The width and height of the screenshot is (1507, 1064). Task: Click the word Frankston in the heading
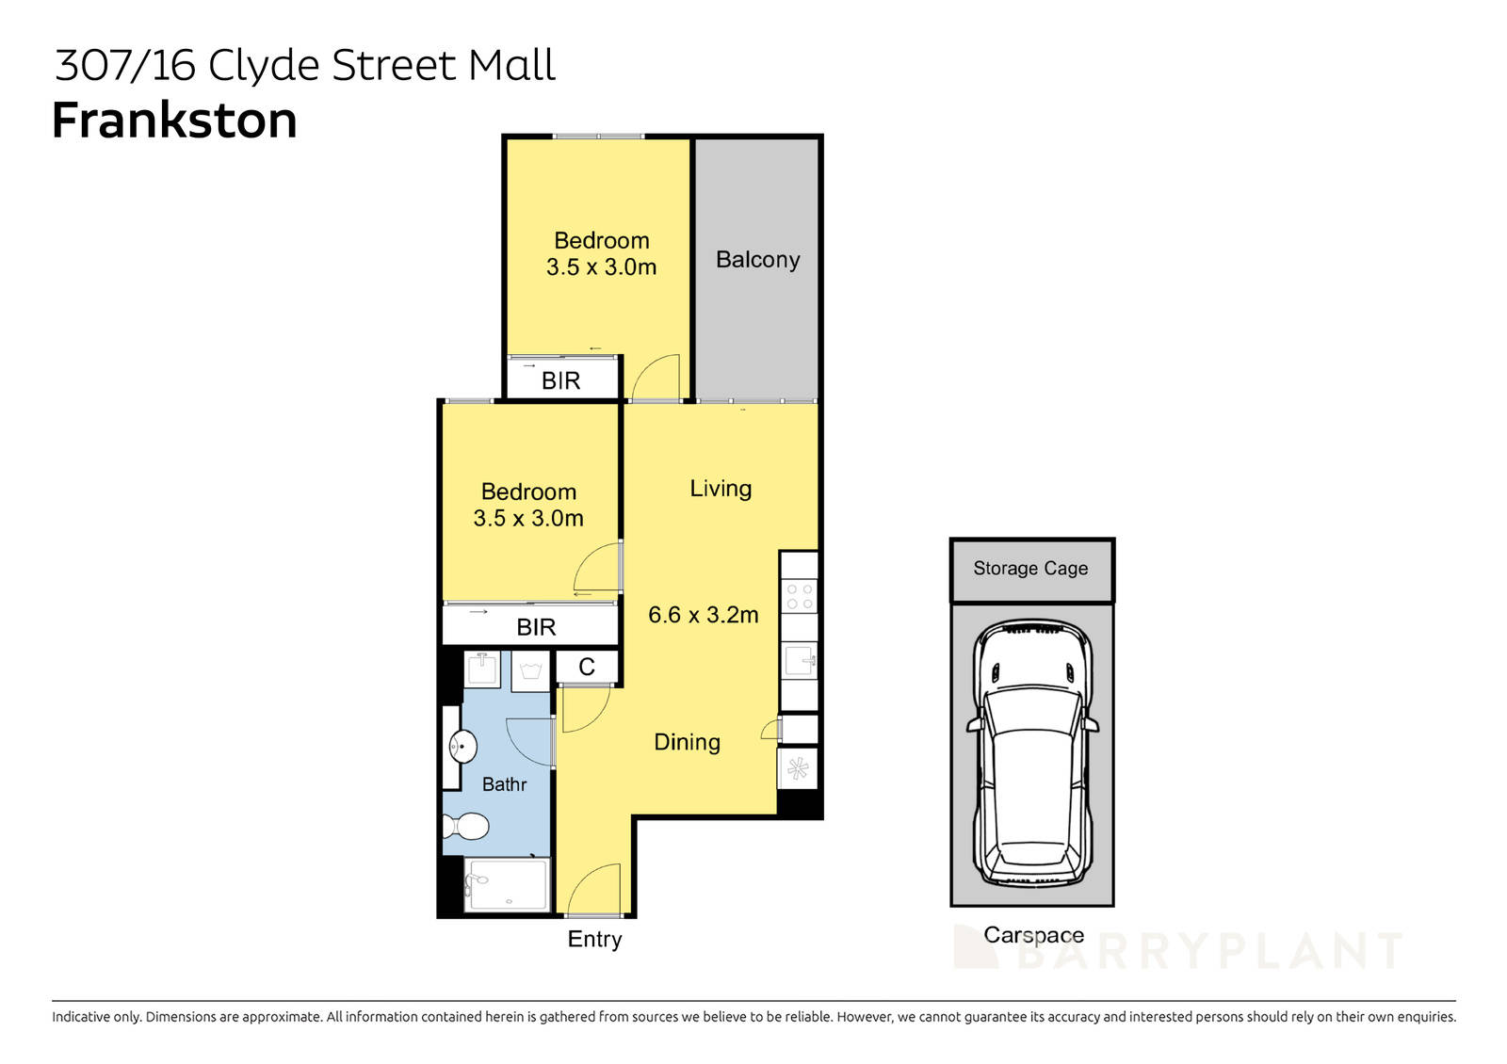tap(174, 121)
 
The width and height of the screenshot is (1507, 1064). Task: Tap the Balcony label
tap(757, 260)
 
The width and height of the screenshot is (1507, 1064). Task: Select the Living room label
tap(721, 489)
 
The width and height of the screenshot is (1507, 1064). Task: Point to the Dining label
tap(687, 742)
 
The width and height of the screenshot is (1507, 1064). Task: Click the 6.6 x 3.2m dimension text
tap(703, 615)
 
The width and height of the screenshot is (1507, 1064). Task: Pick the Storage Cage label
tap(1030, 569)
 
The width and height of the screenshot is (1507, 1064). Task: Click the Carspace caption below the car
tap(1033, 935)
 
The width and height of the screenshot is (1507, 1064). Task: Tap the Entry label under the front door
tap(594, 939)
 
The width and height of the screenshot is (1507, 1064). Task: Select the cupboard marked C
tap(587, 667)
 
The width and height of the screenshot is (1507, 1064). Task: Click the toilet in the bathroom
tap(465, 826)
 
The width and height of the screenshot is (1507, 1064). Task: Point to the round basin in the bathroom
tap(462, 747)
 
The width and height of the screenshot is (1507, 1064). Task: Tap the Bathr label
tap(504, 784)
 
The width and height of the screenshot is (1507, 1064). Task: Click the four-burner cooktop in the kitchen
tap(800, 596)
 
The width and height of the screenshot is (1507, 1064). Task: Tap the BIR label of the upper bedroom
tap(560, 380)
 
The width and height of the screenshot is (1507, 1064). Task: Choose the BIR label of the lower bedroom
tap(536, 627)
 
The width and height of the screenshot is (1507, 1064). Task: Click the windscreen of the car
tap(1032, 710)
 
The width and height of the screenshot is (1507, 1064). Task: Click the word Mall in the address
tap(512, 66)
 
